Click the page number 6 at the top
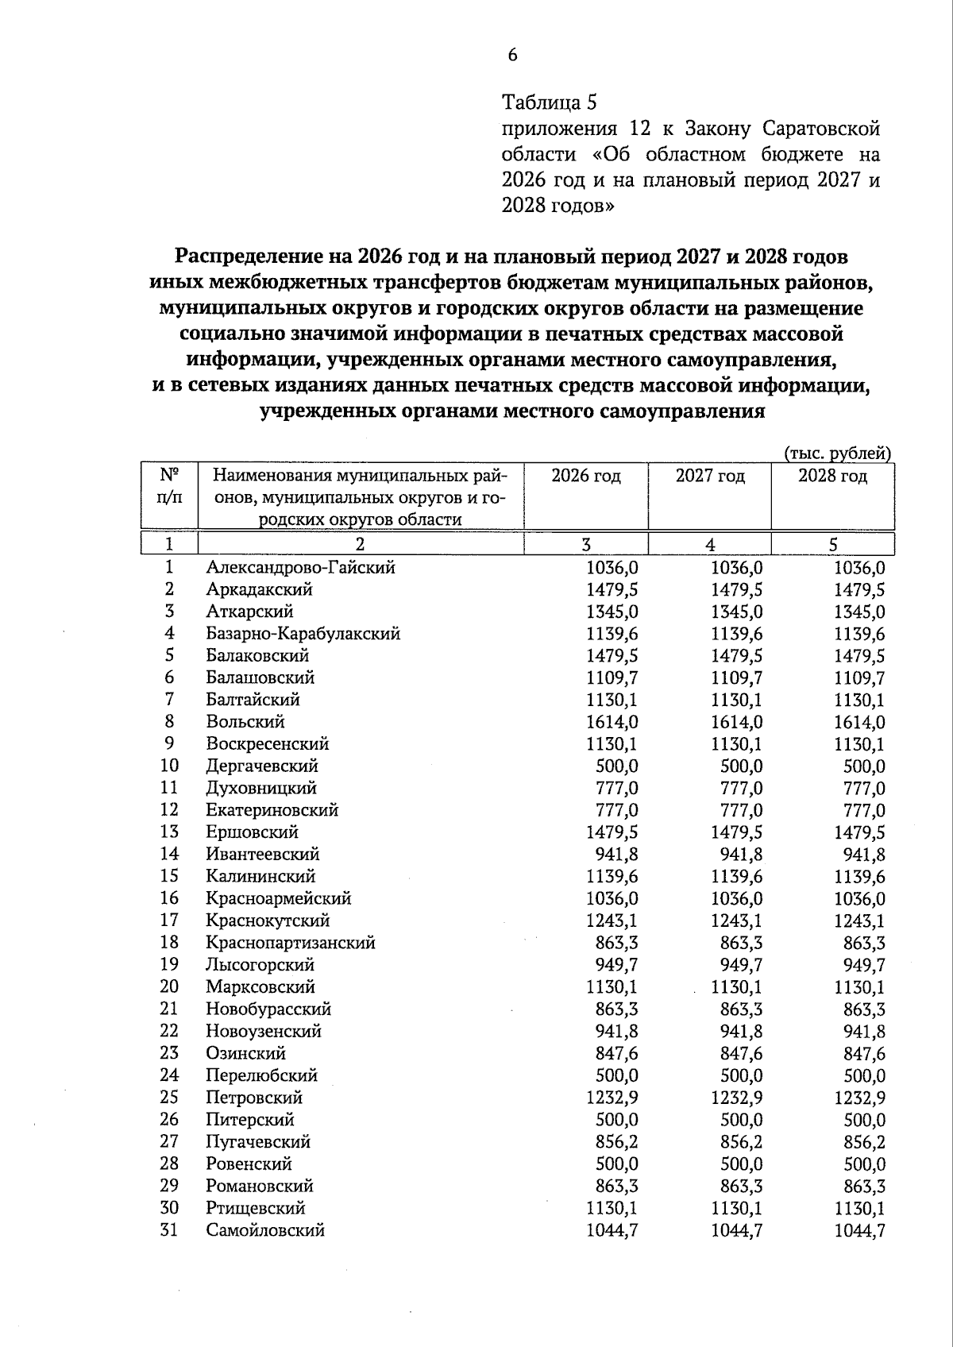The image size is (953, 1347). click(x=512, y=55)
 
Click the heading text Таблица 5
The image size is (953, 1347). click(x=549, y=103)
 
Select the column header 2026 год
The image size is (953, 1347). click(x=585, y=477)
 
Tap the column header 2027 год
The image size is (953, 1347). click(x=709, y=477)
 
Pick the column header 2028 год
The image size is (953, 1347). click(x=832, y=477)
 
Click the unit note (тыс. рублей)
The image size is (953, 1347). click(x=838, y=454)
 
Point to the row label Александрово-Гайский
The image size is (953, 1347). click(x=300, y=568)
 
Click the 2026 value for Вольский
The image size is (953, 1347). click(x=612, y=723)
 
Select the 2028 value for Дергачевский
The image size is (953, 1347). click(x=864, y=767)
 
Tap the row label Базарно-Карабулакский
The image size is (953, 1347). click(x=303, y=634)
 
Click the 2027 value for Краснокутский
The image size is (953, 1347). click(x=736, y=921)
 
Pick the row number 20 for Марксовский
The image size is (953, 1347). click(x=169, y=987)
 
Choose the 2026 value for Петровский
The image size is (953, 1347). click(x=612, y=1098)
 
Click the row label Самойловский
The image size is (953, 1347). click(x=265, y=1230)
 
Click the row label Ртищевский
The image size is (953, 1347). click(x=256, y=1208)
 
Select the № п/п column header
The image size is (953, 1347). click(x=169, y=486)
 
